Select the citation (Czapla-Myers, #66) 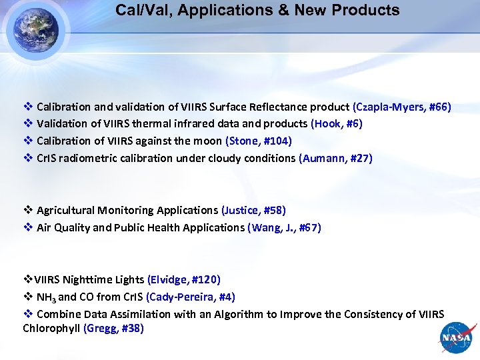(x=402, y=107)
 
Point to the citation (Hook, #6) (x=337, y=123)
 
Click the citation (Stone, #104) (x=259, y=141)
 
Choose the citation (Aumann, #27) (x=335, y=158)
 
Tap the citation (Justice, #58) (x=253, y=210)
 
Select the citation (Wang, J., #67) (x=284, y=227)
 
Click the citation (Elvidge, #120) (x=184, y=279)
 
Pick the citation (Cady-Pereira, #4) (x=190, y=297)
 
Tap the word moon (x=209, y=141)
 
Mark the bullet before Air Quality (x=28, y=227)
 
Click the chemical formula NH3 (x=45, y=297)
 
